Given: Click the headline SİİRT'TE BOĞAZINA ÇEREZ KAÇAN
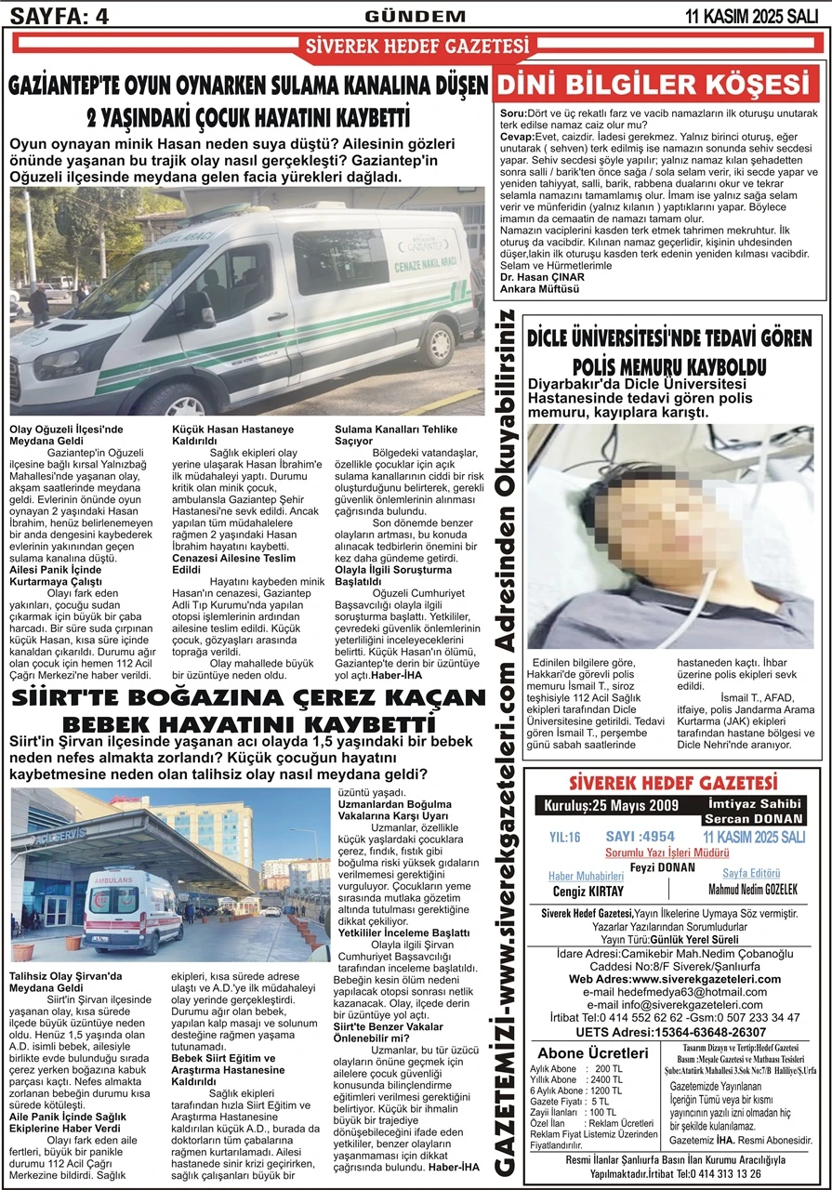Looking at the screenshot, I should coord(249,696).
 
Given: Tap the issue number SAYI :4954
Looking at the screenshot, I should coord(640,836).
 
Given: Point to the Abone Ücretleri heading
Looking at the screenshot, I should coord(594,1052).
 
